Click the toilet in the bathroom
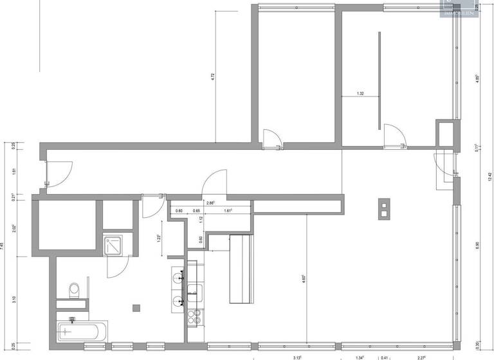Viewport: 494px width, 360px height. (74, 290)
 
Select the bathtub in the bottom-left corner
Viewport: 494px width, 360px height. (78, 332)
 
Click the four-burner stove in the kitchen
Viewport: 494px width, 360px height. (195, 316)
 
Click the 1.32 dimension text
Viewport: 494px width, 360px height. (360, 94)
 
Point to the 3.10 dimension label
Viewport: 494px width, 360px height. (14, 299)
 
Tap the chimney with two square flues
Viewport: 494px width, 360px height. (384, 207)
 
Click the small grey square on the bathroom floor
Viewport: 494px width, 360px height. (135, 307)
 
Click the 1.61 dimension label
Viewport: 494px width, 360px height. (228, 211)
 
